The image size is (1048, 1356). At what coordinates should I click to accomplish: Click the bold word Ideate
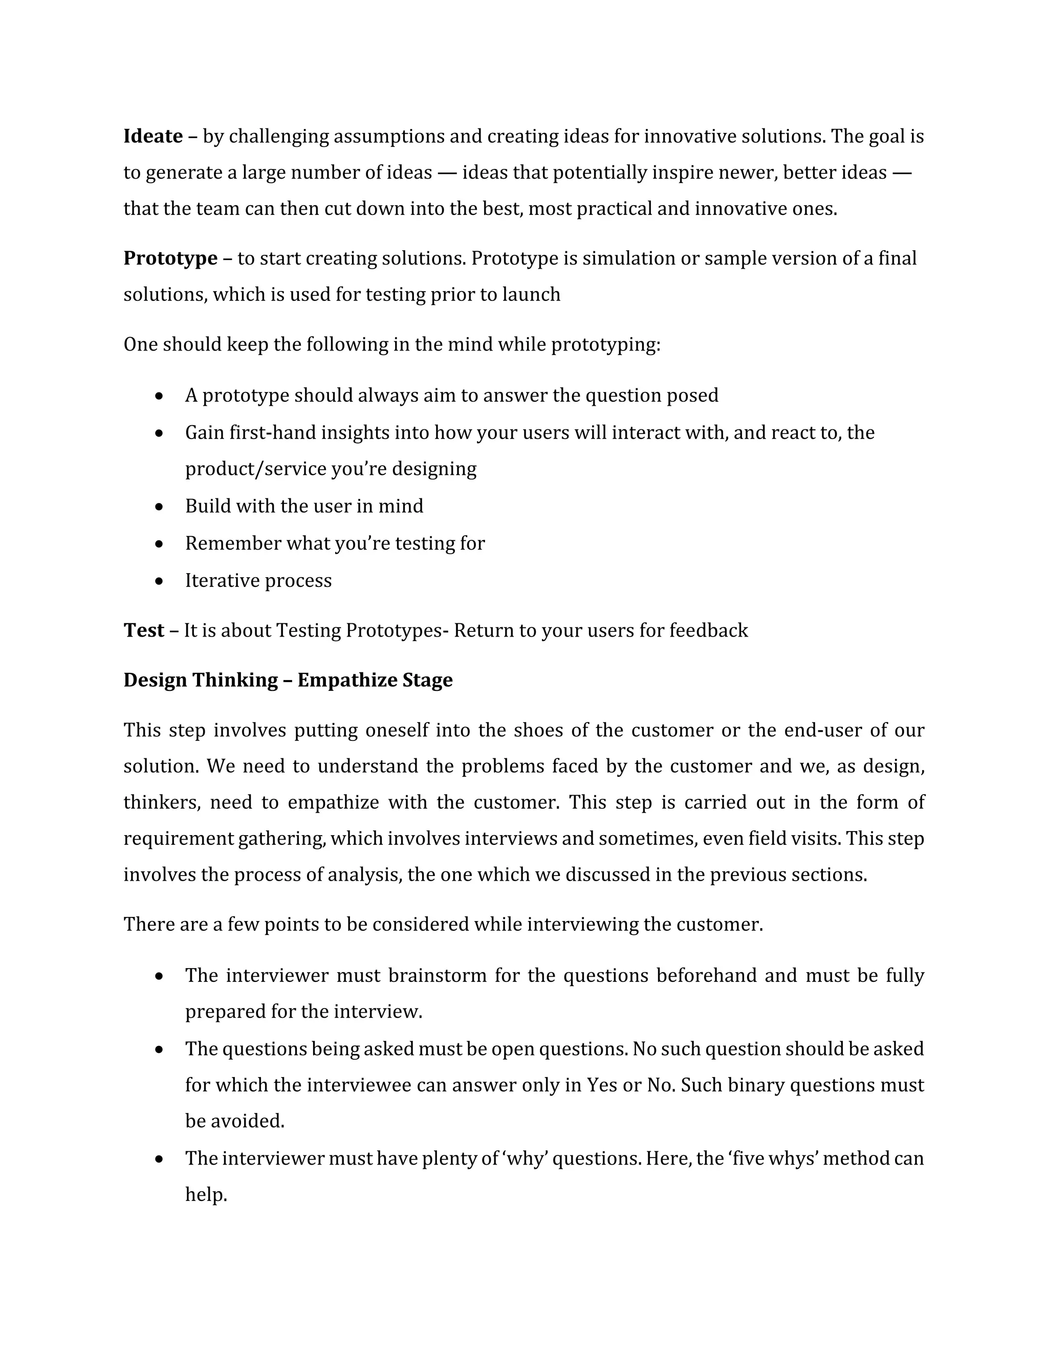click(152, 136)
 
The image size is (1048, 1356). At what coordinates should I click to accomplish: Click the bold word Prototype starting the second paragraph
click(170, 258)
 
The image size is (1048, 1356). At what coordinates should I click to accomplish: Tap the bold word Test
click(143, 630)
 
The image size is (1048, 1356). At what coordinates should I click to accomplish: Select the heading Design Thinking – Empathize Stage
click(288, 680)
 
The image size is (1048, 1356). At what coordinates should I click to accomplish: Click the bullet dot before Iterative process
click(160, 581)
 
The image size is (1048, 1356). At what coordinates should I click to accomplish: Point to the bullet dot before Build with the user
click(160, 507)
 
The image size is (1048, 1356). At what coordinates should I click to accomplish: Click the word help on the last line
click(206, 1194)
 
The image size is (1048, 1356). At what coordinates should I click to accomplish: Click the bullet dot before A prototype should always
click(160, 396)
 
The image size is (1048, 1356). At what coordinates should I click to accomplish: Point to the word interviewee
click(359, 1085)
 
